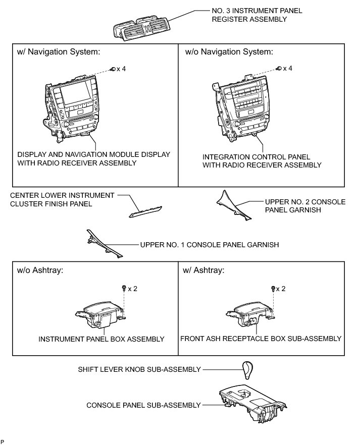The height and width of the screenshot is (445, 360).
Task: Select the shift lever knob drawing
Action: click(248, 372)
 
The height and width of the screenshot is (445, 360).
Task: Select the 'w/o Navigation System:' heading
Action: click(229, 51)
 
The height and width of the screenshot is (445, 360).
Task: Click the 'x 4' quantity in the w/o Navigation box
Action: click(288, 68)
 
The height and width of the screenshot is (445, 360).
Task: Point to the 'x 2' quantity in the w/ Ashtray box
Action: click(281, 289)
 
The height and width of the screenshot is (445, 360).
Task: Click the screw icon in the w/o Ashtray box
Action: click(124, 288)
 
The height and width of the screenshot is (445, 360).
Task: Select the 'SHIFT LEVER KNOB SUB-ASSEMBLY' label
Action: click(139, 369)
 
